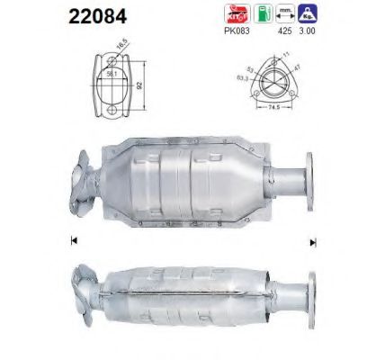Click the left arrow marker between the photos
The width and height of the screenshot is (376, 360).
72,240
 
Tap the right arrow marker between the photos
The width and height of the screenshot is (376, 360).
313,240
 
